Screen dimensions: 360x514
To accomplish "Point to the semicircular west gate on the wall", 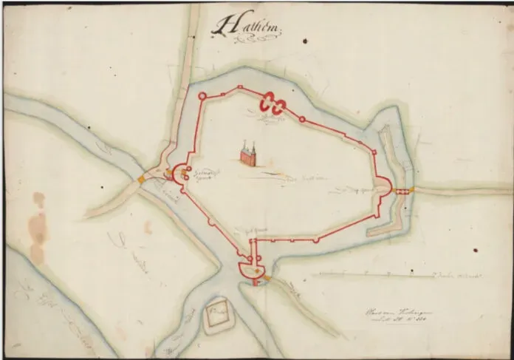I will point(179,175).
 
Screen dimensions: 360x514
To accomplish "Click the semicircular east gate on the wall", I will point(385,189).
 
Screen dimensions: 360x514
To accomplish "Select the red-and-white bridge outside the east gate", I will point(402,191).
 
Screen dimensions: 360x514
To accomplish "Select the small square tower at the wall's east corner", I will point(375,152).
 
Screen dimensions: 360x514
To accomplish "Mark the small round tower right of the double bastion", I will point(302,118).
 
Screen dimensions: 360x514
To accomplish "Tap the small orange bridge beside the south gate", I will point(267,279).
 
